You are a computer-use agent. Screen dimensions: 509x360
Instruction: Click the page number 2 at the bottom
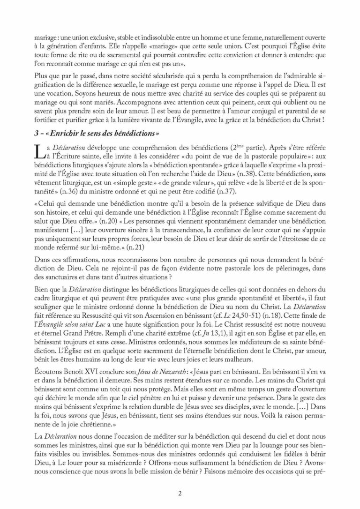[180, 494]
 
